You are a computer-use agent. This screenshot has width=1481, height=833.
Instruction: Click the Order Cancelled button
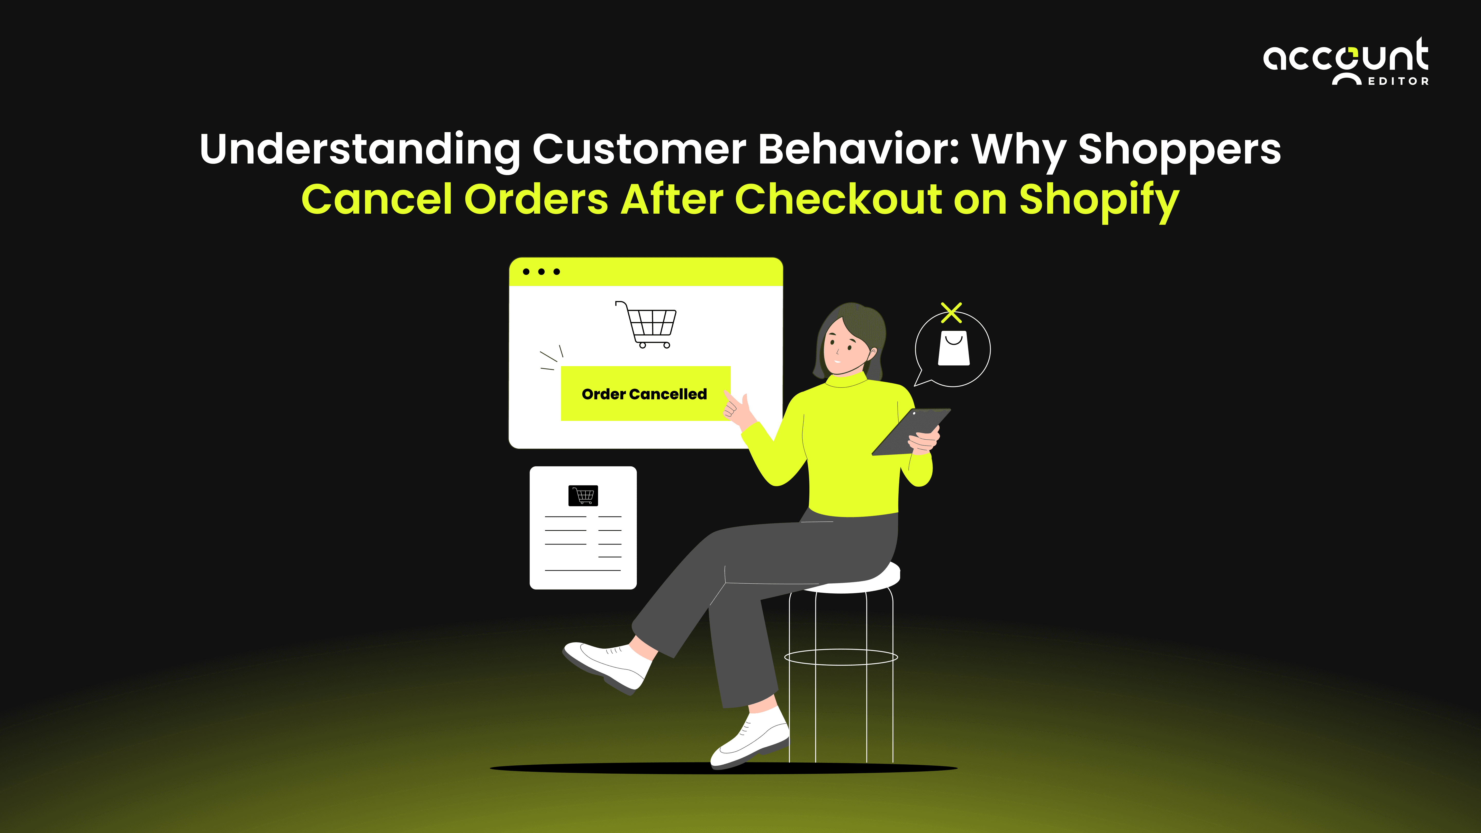click(x=645, y=394)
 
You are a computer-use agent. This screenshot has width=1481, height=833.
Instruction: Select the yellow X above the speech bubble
click(x=952, y=313)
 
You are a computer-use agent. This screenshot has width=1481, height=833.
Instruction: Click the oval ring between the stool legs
click(x=841, y=657)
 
